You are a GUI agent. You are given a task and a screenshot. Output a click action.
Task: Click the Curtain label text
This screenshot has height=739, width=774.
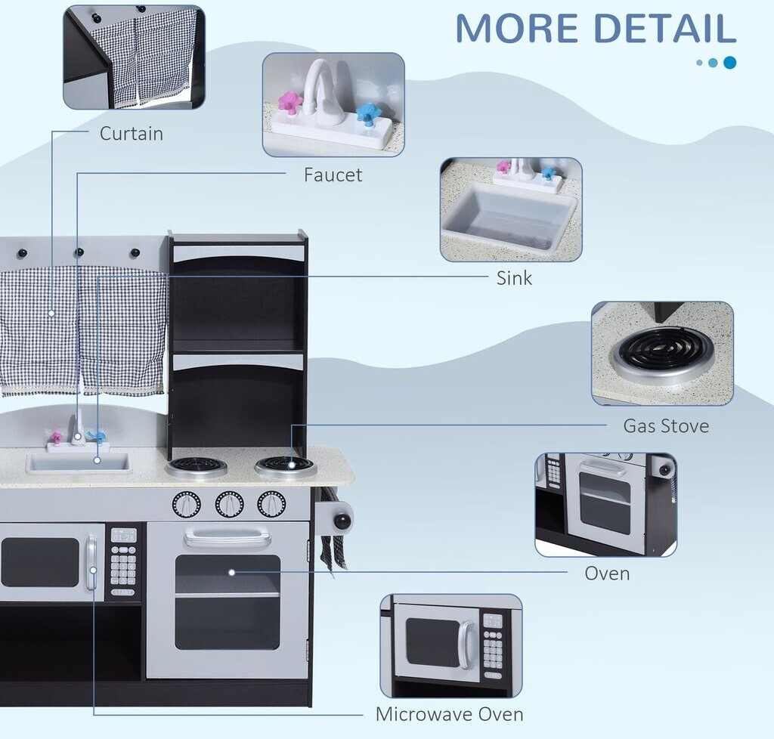click(132, 134)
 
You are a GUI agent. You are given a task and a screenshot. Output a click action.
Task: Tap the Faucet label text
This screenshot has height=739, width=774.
click(333, 175)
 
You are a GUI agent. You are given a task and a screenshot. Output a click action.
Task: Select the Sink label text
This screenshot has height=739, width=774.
click(514, 278)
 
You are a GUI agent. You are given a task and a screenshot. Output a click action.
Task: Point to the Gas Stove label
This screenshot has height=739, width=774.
click(666, 426)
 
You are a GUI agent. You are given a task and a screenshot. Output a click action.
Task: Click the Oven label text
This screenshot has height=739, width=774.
click(607, 574)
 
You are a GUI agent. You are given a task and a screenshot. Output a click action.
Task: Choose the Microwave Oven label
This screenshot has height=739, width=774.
click(449, 714)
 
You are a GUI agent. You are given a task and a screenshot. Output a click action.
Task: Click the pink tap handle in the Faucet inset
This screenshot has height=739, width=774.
click(289, 101)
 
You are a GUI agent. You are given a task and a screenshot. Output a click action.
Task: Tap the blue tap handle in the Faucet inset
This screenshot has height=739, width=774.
click(368, 113)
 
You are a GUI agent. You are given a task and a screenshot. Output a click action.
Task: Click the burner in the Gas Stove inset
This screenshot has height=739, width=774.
click(663, 351)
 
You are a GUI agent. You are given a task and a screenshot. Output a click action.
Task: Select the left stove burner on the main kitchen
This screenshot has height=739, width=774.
click(196, 465)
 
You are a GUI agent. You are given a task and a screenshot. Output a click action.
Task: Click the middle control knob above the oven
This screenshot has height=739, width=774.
click(229, 503)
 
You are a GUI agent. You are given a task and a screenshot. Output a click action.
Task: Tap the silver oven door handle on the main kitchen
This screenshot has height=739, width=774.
click(227, 538)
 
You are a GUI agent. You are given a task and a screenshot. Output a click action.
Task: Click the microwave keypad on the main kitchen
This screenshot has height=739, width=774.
click(123, 562)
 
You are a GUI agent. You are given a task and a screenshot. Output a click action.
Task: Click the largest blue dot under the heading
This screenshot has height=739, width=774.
click(729, 63)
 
